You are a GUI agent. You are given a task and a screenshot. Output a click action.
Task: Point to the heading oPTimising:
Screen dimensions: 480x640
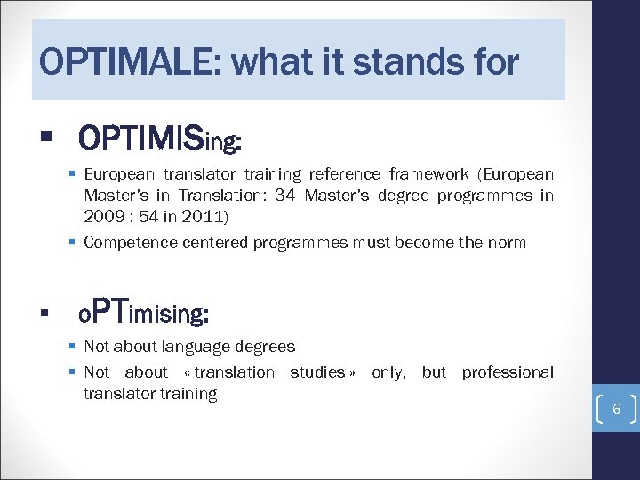click(143, 313)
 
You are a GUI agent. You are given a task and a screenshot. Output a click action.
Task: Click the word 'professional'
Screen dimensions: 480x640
click(507, 372)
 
